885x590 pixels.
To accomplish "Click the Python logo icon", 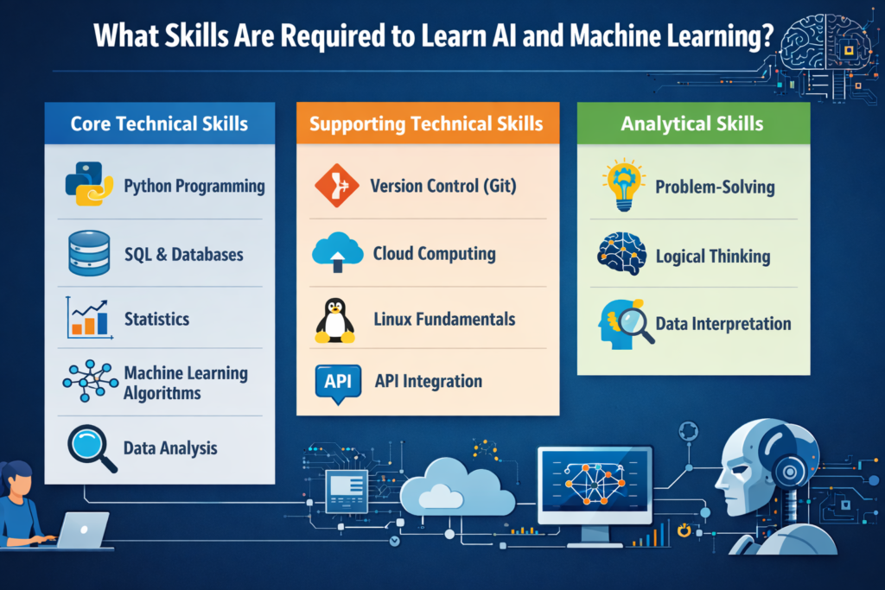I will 89,183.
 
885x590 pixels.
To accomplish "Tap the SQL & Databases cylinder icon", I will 88,252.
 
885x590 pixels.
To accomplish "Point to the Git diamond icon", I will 336,186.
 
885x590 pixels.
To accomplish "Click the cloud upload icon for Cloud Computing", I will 335,253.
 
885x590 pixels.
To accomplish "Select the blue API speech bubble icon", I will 336,383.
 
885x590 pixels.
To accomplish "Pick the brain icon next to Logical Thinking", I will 621,254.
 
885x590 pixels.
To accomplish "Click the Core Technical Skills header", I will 159,124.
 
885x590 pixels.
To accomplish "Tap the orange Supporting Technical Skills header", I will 426,124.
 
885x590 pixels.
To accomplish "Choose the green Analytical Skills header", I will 692,124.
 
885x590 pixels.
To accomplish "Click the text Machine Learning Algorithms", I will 186,383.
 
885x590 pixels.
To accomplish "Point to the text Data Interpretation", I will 723,324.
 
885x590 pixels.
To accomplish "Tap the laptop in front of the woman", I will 81,530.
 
